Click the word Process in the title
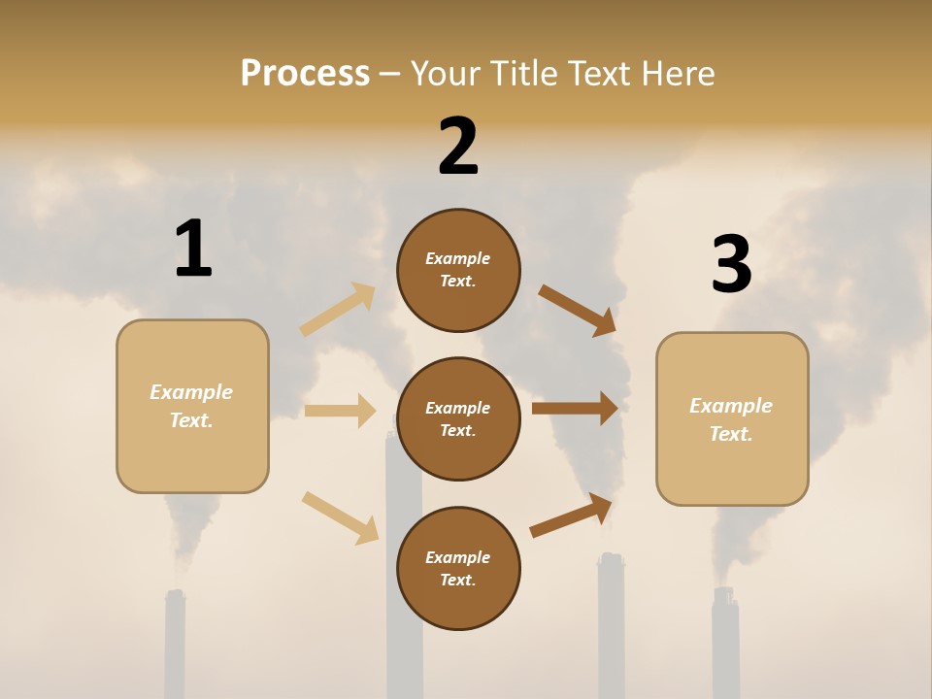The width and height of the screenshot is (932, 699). [x=305, y=73]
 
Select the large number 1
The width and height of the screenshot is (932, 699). [x=193, y=250]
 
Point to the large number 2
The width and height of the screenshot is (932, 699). [x=458, y=147]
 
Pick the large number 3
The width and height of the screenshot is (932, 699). [x=731, y=265]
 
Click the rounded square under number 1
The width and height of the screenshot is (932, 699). [x=192, y=406]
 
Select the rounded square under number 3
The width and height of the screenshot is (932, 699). [x=732, y=418]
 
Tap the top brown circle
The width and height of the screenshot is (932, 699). [x=458, y=270]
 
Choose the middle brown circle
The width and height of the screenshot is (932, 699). [x=458, y=418]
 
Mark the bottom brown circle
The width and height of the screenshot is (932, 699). [x=458, y=568]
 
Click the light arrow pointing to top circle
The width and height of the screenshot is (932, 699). [x=338, y=309]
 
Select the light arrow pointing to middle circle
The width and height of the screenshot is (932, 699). [x=340, y=411]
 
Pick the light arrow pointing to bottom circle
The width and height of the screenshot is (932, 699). [x=340, y=517]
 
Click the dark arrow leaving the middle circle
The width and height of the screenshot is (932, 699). [x=575, y=409]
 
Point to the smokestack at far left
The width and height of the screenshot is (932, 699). [x=175, y=646]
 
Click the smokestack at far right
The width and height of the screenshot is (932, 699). [x=725, y=646]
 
